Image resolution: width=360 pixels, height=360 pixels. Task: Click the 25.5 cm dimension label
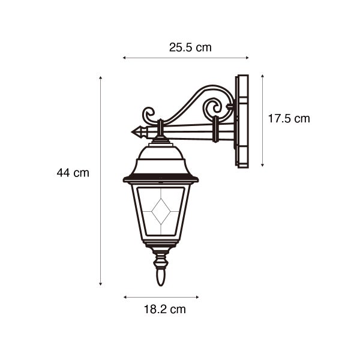click(x=190, y=47)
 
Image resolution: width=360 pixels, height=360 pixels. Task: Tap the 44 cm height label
click(x=73, y=173)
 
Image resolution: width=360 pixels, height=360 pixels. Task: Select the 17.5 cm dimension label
click(x=289, y=119)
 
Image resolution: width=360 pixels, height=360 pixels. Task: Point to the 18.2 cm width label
click(x=164, y=310)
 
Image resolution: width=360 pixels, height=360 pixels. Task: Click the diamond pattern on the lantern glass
click(x=161, y=211)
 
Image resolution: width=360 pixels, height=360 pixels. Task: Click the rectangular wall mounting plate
click(x=242, y=121)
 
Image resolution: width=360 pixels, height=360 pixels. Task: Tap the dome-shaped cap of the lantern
click(x=160, y=158)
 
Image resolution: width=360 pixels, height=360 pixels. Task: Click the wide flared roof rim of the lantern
click(x=160, y=179)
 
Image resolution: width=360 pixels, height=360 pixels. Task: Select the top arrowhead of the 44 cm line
click(x=100, y=78)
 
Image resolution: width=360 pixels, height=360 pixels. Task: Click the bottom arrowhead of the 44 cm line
click(x=100, y=284)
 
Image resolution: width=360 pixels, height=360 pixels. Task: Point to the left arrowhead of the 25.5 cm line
click(x=124, y=58)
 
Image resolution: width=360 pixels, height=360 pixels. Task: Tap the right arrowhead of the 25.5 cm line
click(x=247, y=58)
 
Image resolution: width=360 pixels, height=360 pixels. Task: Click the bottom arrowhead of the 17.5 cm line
click(x=263, y=164)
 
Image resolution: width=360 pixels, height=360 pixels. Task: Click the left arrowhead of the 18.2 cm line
click(x=125, y=296)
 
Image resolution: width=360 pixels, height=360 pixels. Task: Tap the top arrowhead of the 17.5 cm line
click(x=263, y=76)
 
